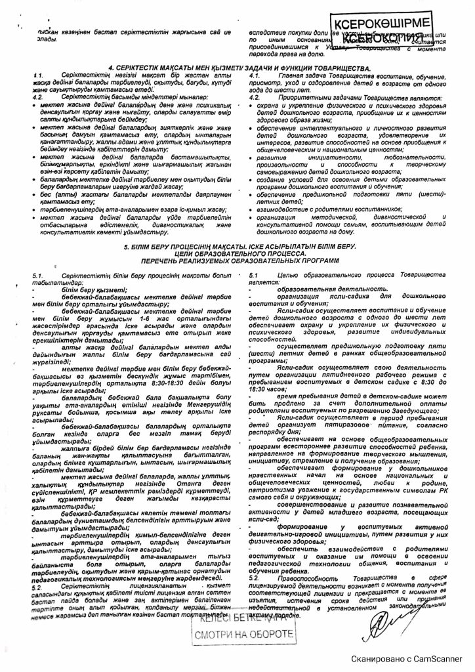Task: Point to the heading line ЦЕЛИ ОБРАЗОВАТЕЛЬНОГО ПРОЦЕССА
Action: tap(237, 253)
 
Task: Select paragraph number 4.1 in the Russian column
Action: tap(257, 76)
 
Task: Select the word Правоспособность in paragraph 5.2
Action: tap(301, 576)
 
